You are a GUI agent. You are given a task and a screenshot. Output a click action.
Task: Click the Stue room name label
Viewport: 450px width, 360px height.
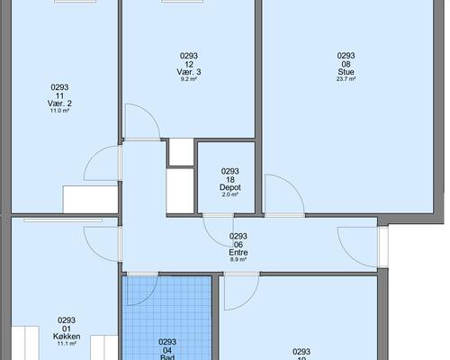pyautogui.click(x=346, y=72)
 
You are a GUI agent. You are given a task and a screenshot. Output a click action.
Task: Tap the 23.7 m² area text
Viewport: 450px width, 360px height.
pyautogui.click(x=346, y=79)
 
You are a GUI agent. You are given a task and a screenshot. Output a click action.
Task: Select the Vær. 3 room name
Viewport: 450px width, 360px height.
pyautogui.click(x=189, y=72)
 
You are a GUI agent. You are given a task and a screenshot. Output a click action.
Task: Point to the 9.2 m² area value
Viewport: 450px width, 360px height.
pyautogui.click(x=189, y=79)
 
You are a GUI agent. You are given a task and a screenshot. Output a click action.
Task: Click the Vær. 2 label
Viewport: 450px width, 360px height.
pyautogui.click(x=59, y=103)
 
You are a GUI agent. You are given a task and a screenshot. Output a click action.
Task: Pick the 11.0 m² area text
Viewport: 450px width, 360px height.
pyautogui.click(x=59, y=111)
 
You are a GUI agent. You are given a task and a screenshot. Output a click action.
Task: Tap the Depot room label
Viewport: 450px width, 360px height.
pyautogui.click(x=230, y=187)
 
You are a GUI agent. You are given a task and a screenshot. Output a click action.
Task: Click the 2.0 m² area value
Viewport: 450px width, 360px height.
pyautogui.click(x=230, y=194)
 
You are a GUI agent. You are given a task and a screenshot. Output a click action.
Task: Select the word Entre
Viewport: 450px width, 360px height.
pyautogui.click(x=238, y=252)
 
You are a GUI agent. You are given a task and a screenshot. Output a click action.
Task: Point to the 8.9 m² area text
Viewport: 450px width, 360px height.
pyautogui.click(x=238, y=259)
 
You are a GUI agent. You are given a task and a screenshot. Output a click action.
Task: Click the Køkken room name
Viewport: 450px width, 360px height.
pyautogui.click(x=67, y=337)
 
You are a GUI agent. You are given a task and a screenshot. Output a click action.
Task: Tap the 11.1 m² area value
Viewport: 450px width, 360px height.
pyautogui.click(x=67, y=344)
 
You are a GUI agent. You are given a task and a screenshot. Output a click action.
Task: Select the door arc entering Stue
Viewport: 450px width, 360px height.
pyautogui.click(x=293, y=185)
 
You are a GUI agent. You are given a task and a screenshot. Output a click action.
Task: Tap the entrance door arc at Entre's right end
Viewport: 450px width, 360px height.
pyautogui.click(x=348, y=255)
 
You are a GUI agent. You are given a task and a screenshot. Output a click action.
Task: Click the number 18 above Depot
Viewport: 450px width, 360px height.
pyautogui.click(x=230, y=180)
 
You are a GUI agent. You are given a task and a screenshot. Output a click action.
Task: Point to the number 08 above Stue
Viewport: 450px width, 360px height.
pyautogui.click(x=346, y=64)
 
